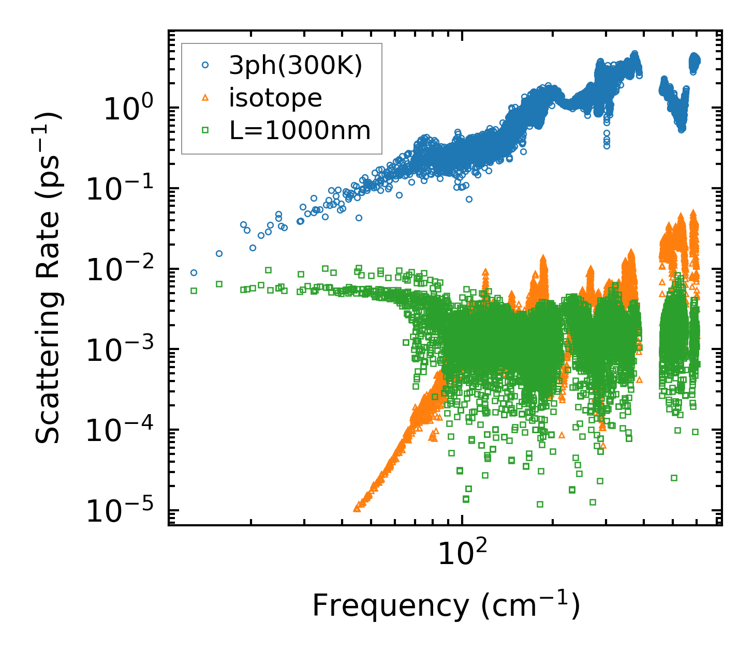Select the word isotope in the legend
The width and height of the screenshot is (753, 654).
click(275, 98)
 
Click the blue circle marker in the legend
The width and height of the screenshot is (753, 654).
click(205, 65)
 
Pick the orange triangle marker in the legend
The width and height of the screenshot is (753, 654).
click(205, 98)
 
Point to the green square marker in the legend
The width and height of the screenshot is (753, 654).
click(205, 130)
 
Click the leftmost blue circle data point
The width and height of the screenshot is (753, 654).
click(194, 272)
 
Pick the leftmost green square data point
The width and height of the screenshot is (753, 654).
click(194, 291)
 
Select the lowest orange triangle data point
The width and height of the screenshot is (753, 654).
click(357, 509)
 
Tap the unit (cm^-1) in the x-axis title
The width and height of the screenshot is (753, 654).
click(530, 606)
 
